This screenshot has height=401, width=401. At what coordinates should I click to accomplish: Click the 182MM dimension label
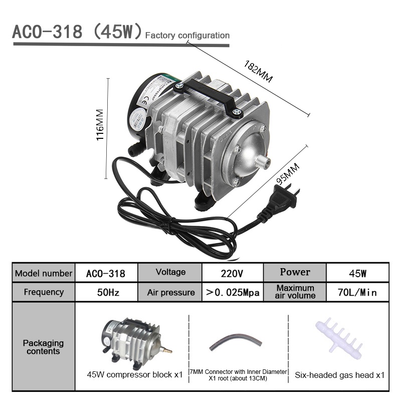pyautogui.click(x=259, y=72)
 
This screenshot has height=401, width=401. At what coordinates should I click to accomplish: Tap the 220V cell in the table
pyautogui.click(x=232, y=274)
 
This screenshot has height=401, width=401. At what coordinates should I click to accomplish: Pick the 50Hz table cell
pyautogui.click(x=106, y=292)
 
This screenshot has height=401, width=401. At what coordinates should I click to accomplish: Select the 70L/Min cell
pyautogui.click(x=357, y=292)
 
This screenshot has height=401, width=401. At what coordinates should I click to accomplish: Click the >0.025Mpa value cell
pyautogui.click(x=232, y=292)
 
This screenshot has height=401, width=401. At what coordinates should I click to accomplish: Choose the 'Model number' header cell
pyautogui.click(x=44, y=274)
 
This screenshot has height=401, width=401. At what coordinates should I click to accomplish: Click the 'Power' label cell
pyautogui.click(x=295, y=272)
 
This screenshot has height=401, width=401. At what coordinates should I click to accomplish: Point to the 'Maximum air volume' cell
pyautogui.click(x=295, y=292)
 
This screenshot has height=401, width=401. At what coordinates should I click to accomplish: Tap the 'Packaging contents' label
pyautogui.click(x=44, y=347)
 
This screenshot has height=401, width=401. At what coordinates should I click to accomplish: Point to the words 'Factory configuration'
pyautogui.click(x=187, y=36)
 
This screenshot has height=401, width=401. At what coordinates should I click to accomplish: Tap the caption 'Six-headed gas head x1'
pyautogui.click(x=339, y=374)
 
